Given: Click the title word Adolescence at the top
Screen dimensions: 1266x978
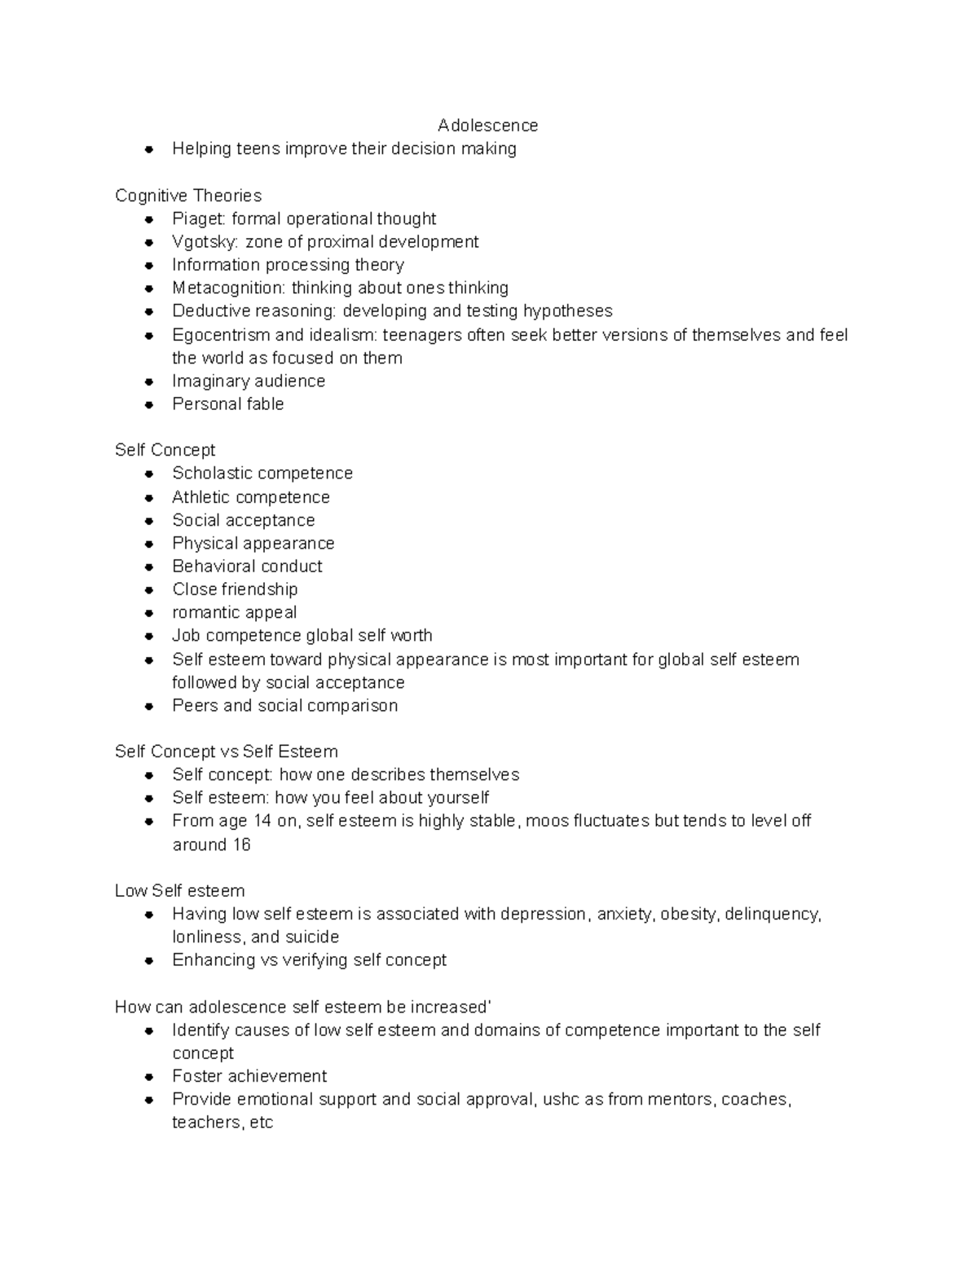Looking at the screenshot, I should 487,126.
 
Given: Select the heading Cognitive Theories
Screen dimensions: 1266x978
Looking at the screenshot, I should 188,196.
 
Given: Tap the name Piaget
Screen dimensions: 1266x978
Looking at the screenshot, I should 199,219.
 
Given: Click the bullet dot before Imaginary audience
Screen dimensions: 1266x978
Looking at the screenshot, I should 148,382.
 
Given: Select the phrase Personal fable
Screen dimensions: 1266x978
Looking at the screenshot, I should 227,404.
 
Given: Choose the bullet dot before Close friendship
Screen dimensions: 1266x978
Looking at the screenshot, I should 148,589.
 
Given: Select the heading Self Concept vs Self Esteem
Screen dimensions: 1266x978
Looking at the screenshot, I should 226,752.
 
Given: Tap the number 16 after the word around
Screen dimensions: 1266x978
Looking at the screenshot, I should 241,845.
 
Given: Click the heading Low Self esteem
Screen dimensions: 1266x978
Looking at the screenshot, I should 179,891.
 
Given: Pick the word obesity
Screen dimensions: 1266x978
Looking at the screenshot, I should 689,914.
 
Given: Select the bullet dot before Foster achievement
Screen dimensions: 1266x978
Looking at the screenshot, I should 148,1077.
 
